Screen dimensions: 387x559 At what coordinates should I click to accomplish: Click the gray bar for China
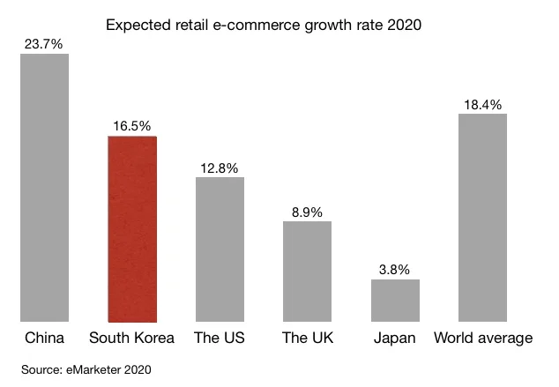(x=44, y=188)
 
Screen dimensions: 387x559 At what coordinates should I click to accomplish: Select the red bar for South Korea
(x=132, y=229)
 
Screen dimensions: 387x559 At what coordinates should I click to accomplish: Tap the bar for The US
(x=220, y=249)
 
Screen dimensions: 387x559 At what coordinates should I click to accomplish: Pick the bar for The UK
(x=307, y=272)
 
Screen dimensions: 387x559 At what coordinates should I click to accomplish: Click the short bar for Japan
(x=395, y=301)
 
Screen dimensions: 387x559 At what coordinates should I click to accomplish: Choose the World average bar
(x=482, y=218)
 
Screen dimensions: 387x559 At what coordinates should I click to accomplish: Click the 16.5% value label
(x=132, y=124)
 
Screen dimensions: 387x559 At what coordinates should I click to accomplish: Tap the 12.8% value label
(x=220, y=167)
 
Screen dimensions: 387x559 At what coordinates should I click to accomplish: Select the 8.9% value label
(x=307, y=211)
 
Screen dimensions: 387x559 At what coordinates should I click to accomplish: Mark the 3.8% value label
(x=395, y=269)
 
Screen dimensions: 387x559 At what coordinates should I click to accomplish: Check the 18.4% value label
(x=482, y=104)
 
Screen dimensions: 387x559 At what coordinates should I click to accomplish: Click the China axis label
(x=44, y=339)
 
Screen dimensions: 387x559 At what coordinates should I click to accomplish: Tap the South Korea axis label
(x=132, y=339)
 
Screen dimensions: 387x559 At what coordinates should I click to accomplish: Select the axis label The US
(x=220, y=339)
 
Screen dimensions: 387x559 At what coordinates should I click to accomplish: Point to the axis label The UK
(x=307, y=339)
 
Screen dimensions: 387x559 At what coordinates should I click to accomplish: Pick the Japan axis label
(x=395, y=339)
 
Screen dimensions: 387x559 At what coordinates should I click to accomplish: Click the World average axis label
(x=482, y=339)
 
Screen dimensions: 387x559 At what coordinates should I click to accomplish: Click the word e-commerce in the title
(x=257, y=25)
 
